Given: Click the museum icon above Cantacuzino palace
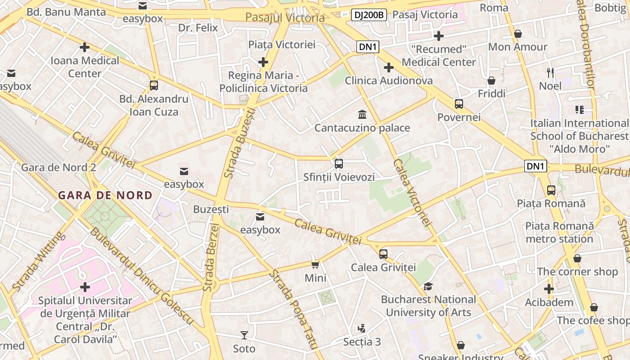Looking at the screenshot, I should (362, 114).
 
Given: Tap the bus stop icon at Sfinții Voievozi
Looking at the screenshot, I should (339, 164).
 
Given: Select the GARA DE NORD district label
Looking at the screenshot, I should (105, 195).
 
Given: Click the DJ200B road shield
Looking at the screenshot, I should (369, 15).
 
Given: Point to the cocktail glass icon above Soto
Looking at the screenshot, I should (244, 335).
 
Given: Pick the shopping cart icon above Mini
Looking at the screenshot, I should (315, 265).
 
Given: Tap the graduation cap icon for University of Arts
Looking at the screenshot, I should (428, 286).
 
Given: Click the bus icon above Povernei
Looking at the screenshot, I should (459, 104).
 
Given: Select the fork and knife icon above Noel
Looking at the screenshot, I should (550, 72).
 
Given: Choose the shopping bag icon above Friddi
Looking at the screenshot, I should (491, 81).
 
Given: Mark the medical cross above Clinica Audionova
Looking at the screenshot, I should (389, 67).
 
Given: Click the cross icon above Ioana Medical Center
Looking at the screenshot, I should (85, 47).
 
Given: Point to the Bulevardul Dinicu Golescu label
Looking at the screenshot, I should (142, 277).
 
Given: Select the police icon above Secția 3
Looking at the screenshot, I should (361, 328).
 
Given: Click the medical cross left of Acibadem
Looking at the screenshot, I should (549, 288).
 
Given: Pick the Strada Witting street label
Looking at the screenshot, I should (36, 261).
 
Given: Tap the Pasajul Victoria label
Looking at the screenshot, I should (285, 18).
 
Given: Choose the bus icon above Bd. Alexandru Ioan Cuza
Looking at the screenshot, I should (153, 85).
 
